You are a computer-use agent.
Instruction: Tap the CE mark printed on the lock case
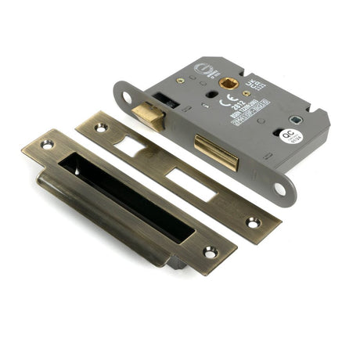click(x=225, y=101)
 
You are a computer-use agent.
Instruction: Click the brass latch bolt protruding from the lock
click(x=149, y=116)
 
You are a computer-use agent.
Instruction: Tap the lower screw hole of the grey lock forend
click(x=279, y=188)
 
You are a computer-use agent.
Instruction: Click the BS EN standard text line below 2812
click(x=243, y=106)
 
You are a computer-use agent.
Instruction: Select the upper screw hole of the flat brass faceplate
click(x=101, y=128)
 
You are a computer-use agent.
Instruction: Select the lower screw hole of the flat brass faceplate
click(x=253, y=222)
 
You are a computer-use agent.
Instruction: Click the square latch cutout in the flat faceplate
click(x=131, y=147)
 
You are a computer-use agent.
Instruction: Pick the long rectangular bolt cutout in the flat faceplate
click(x=190, y=184)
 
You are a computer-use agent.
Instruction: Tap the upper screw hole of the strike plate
click(x=48, y=145)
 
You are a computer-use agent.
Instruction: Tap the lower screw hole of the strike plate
click(x=210, y=252)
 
